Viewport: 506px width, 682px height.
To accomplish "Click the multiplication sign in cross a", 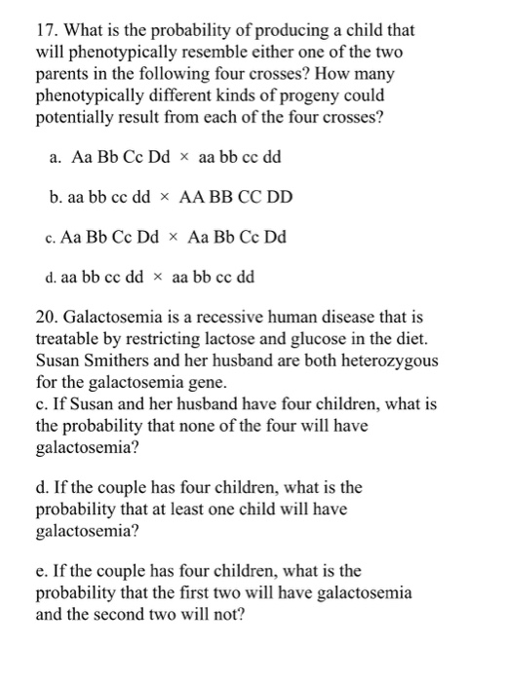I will coord(182,157).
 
